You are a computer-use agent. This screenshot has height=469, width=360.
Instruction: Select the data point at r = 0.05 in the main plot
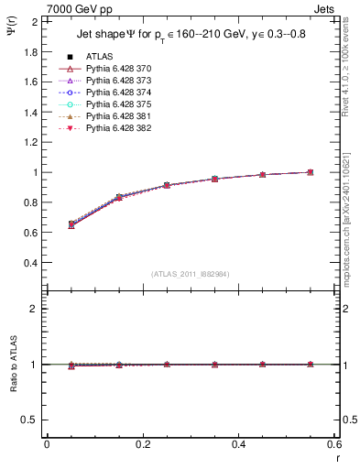click(x=71, y=224)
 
